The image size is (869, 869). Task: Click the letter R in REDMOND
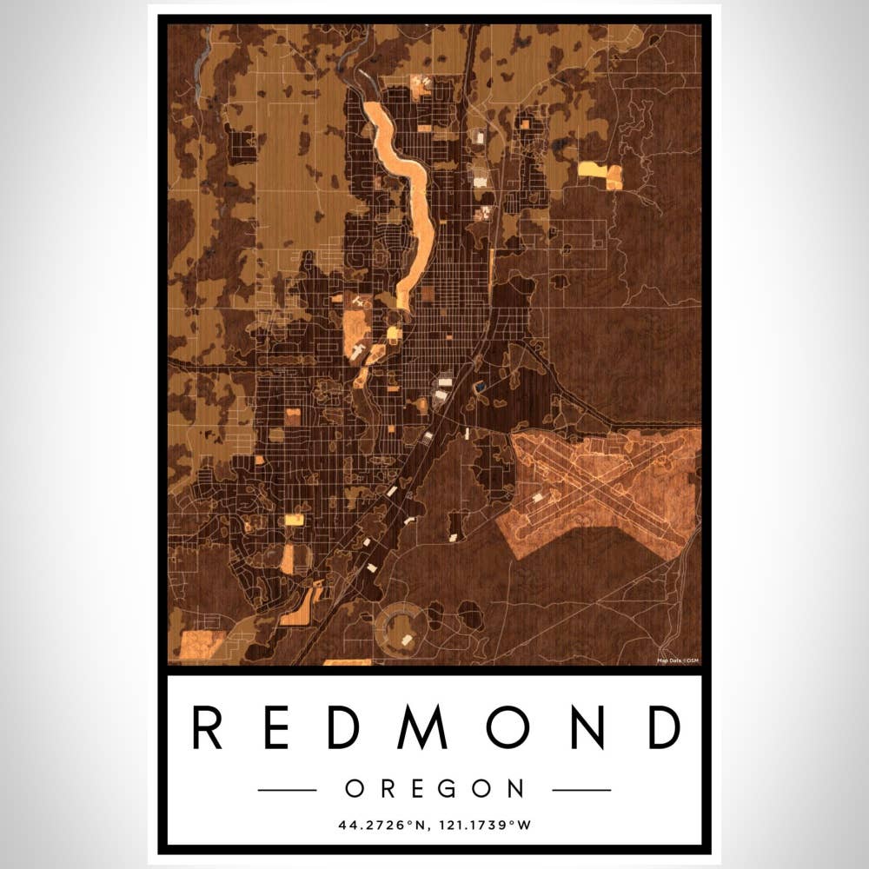click(208, 728)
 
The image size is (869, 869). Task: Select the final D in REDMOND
click(665, 728)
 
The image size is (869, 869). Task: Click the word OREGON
click(434, 789)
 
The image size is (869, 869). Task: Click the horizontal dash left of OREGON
click(287, 790)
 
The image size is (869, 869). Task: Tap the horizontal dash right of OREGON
click(581, 790)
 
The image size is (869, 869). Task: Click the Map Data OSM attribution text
click(678, 660)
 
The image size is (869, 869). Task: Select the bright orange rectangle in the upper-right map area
click(600, 172)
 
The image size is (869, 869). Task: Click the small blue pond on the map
click(479, 385)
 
